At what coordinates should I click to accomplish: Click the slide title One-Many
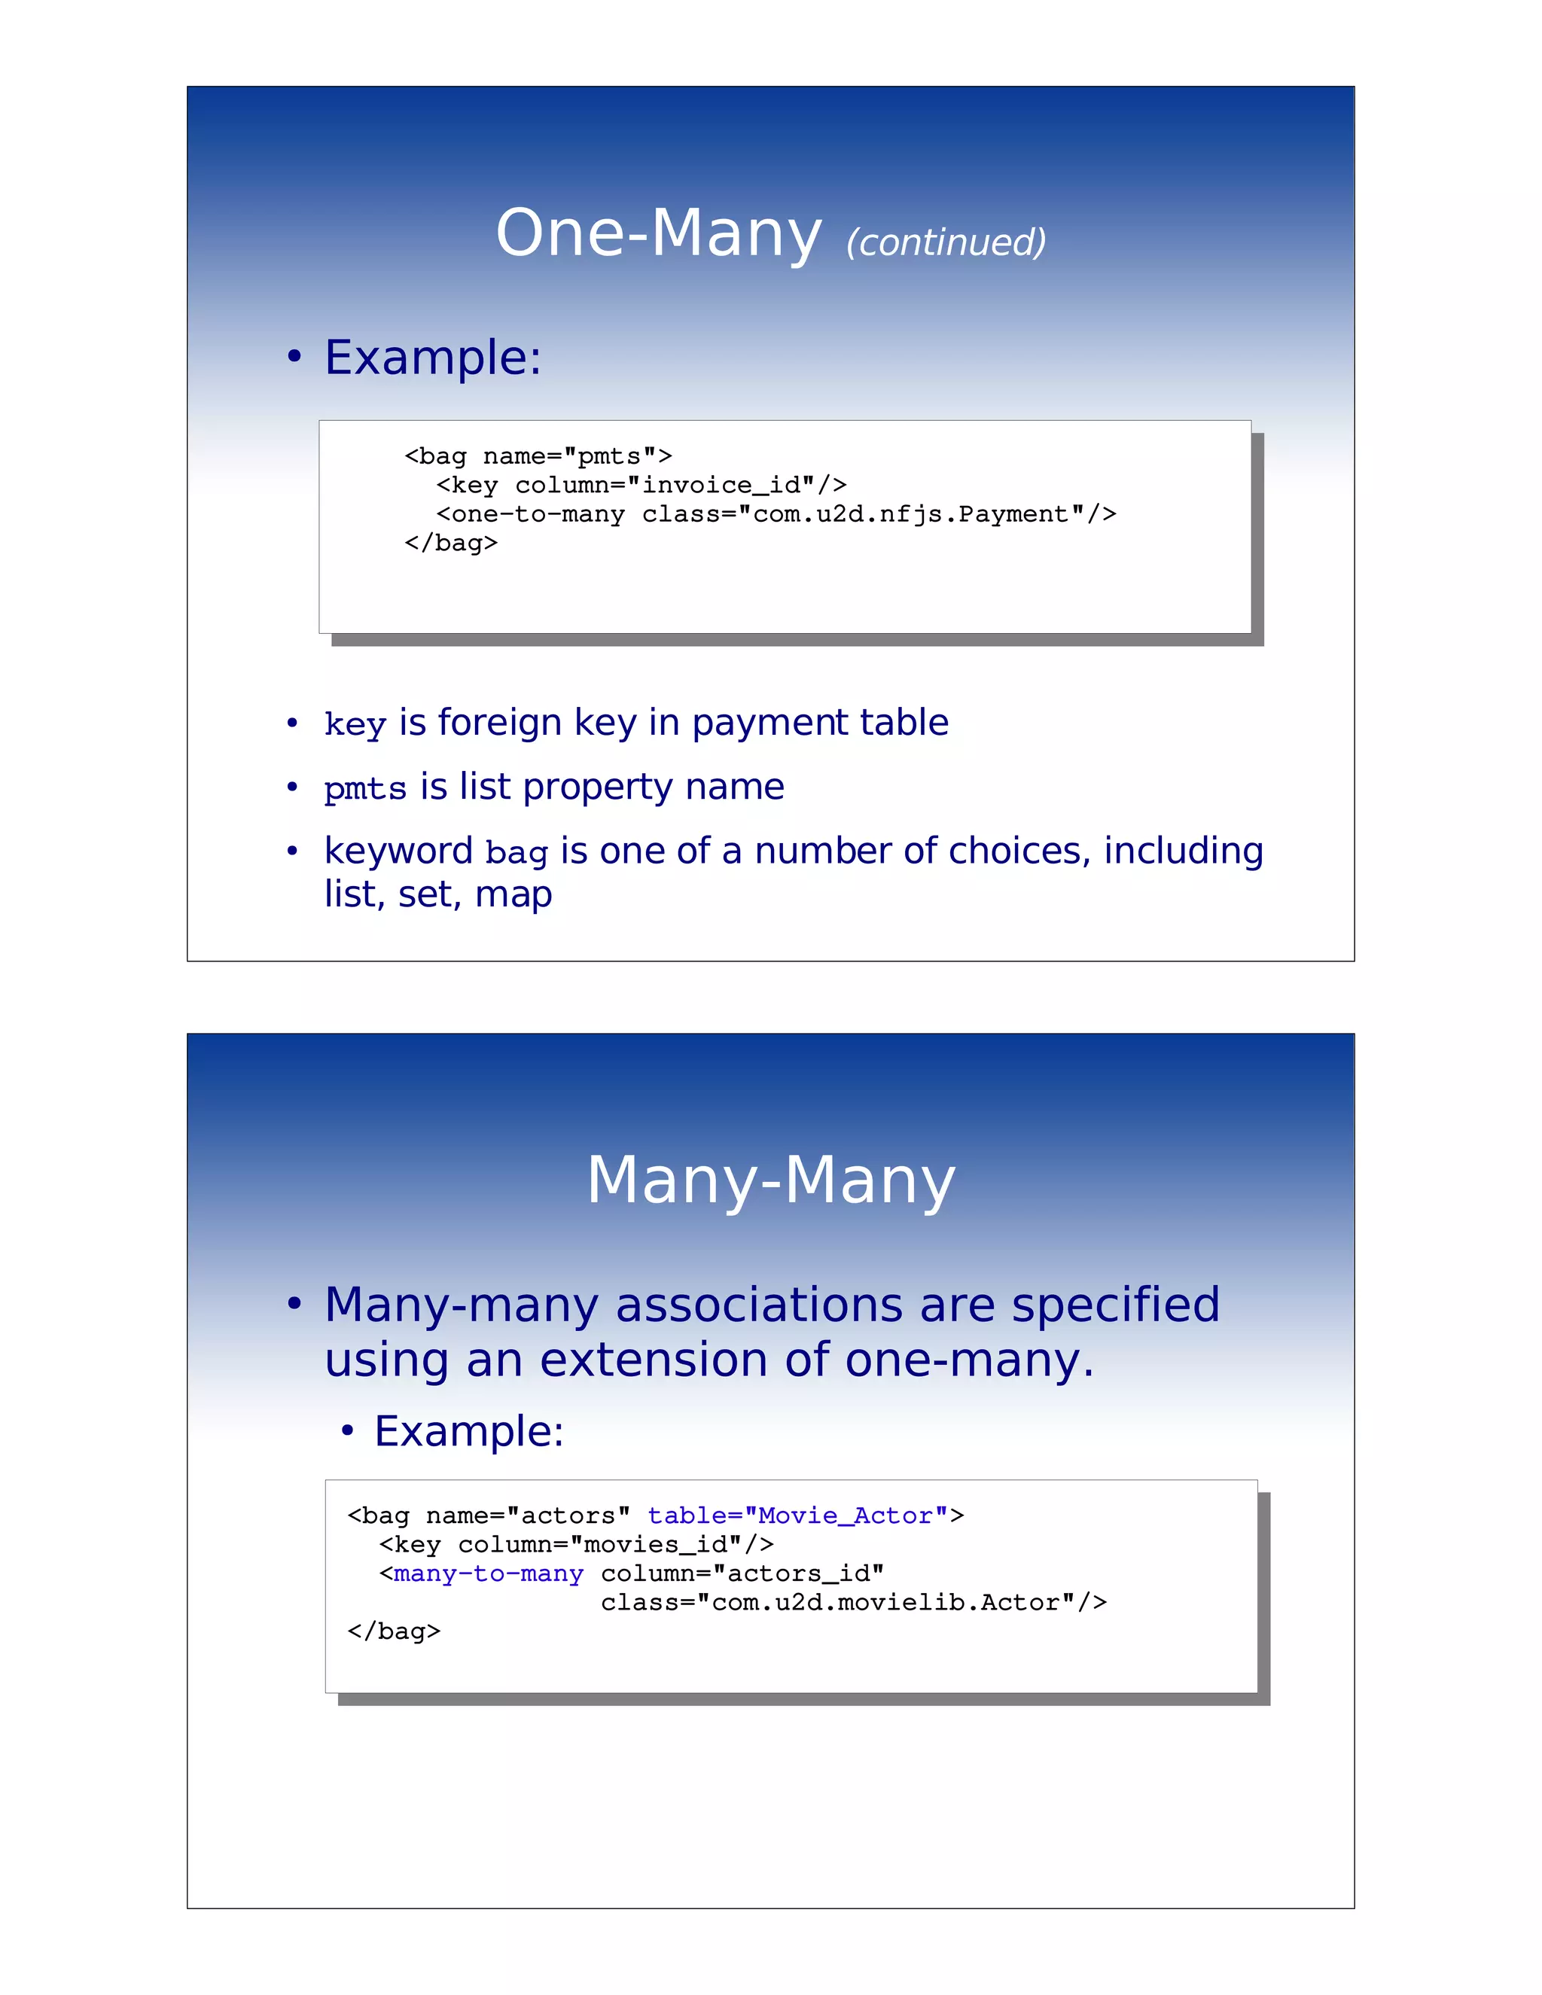(658, 234)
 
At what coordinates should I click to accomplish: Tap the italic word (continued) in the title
(946, 242)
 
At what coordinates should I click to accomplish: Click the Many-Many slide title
(770, 1180)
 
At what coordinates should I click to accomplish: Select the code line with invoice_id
(641, 485)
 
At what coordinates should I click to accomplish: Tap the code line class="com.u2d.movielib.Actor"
(853, 1602)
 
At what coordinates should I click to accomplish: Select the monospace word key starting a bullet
(355, 724)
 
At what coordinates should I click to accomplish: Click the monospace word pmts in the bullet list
(364, 788)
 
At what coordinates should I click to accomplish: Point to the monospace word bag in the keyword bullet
(516, 853)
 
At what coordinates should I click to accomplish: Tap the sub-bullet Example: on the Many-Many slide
(468, 1430)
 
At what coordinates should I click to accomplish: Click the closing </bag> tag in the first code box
(450, 544)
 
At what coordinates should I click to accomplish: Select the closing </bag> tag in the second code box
(394, 1631)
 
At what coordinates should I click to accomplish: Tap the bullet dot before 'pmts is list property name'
(292, 787)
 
